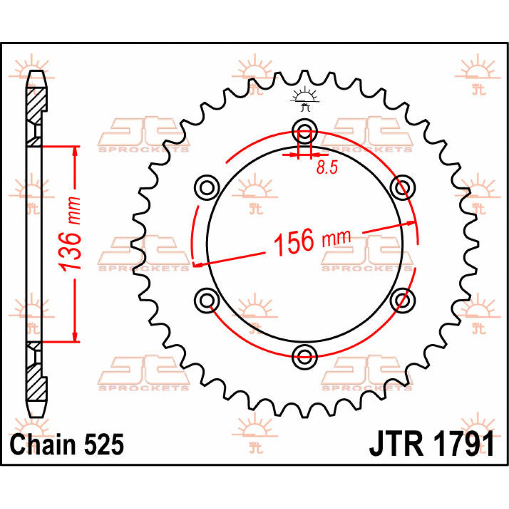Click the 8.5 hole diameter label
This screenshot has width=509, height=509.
coord(327,168)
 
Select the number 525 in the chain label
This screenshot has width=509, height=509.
coord(104,445)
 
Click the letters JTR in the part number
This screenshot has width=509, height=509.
coord(396,445)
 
